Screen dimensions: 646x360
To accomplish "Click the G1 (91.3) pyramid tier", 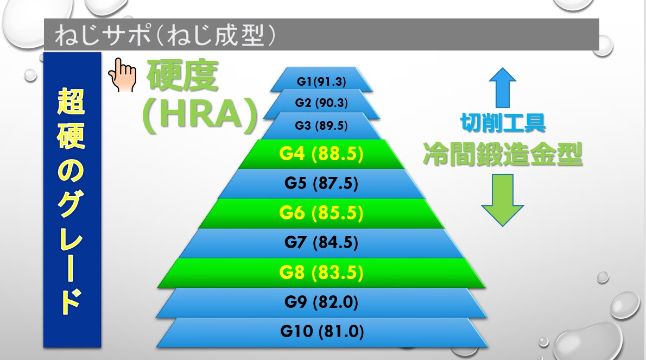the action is [x=321, y=81].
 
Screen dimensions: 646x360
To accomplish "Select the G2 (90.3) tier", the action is [x=321, y=103].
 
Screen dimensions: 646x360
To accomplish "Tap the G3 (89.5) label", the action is [x=321, y=125].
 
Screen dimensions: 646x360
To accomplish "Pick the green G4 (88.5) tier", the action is [x=321, y=154].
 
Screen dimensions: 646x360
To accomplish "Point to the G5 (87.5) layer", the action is [x=321, y=184].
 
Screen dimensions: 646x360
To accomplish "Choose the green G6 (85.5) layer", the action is [x=321, y=213].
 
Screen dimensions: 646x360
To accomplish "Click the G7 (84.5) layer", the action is [x=321, y=243].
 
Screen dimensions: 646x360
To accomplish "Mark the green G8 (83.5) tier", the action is [x=321, y=273].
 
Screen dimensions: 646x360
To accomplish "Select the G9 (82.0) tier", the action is [x=321, y=302].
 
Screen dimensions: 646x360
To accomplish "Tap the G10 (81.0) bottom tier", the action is [x=321, y=332].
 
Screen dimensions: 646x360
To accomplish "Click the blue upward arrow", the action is [x=503, y=88].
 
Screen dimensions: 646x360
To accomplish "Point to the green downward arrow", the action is [x=503, y=200].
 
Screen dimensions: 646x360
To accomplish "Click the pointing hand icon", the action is [x=122, y=74].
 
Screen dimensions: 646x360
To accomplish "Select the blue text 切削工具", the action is [x=503, y=123].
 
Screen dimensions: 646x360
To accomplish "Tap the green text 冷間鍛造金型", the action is [x=503, y=154].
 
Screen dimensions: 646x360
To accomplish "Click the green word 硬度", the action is [x=182, y=75].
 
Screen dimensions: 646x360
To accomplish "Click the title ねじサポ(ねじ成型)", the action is [x=165, y=35].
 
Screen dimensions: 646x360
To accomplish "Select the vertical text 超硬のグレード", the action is [x=71, y=201].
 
